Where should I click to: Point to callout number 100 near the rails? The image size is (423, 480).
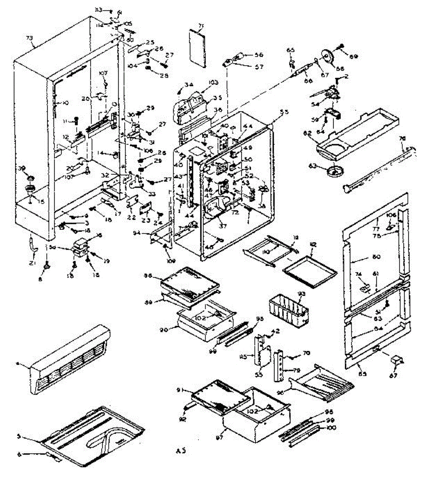tap(332, 428)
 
